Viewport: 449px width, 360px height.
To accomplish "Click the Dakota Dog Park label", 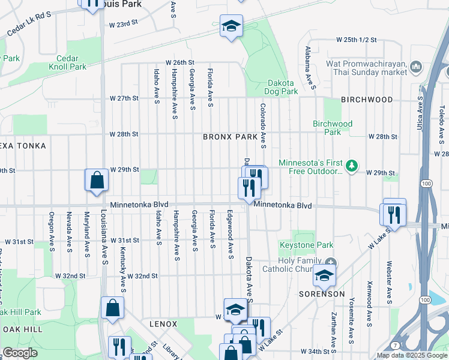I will pyautogui.click(x=280, y=87).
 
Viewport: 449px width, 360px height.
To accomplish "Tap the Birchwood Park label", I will pyautogui.click(x=332, y=128).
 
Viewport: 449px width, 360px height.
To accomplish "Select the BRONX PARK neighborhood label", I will pyautogui.click(x=230, y=137).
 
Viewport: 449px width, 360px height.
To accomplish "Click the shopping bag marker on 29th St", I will pyautogui.click(x=97, y=179).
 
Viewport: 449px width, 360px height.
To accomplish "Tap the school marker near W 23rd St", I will pyautogui.click(x=230, y=26).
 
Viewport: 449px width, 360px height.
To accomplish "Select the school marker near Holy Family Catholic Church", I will pyautogui.click(x=324, y=275).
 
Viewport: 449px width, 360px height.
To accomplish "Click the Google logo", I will pyautogui.click(x=20, y=353).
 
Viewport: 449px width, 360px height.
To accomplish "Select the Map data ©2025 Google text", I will pyautogui.click(x=412, y=355).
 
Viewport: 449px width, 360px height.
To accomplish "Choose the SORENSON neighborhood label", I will pyautogui.click(x=322, y=294).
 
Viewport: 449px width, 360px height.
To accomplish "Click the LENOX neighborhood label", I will pyautogui.click(x=163, y=324).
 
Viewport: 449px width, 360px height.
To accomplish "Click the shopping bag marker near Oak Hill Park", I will pyautogui.click(x=112, y=308).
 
